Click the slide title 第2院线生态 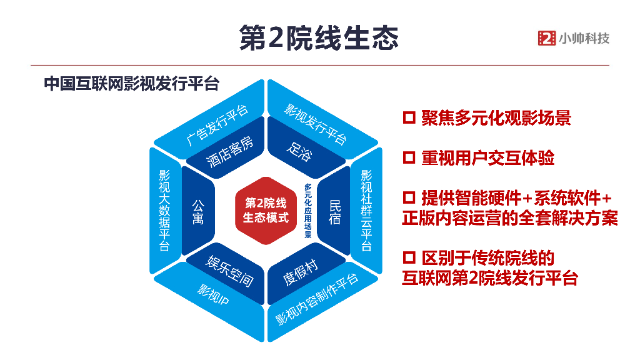pos(319,38)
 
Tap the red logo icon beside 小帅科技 pos(546,38)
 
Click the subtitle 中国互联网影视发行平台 pos(131,84)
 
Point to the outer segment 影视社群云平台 pos(366,210)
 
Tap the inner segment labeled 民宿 pos(335,211)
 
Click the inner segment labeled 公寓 pos(197,211)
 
